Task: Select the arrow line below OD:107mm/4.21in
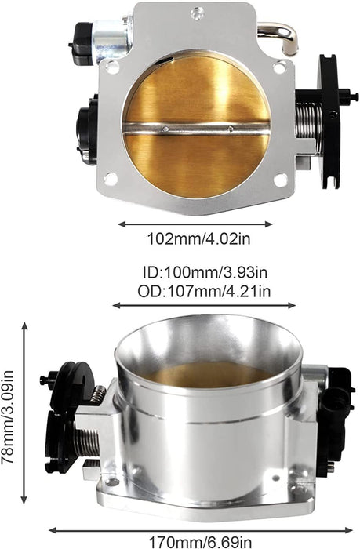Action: (x=204, y=306)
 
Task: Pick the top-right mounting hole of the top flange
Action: (x=278, y=68)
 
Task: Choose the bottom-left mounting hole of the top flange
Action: (x=111, y=179)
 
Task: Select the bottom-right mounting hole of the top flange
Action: (x=279, y=180)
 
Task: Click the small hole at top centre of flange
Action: (x=197, y=11)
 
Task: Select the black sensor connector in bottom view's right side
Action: (x=338, y=408)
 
